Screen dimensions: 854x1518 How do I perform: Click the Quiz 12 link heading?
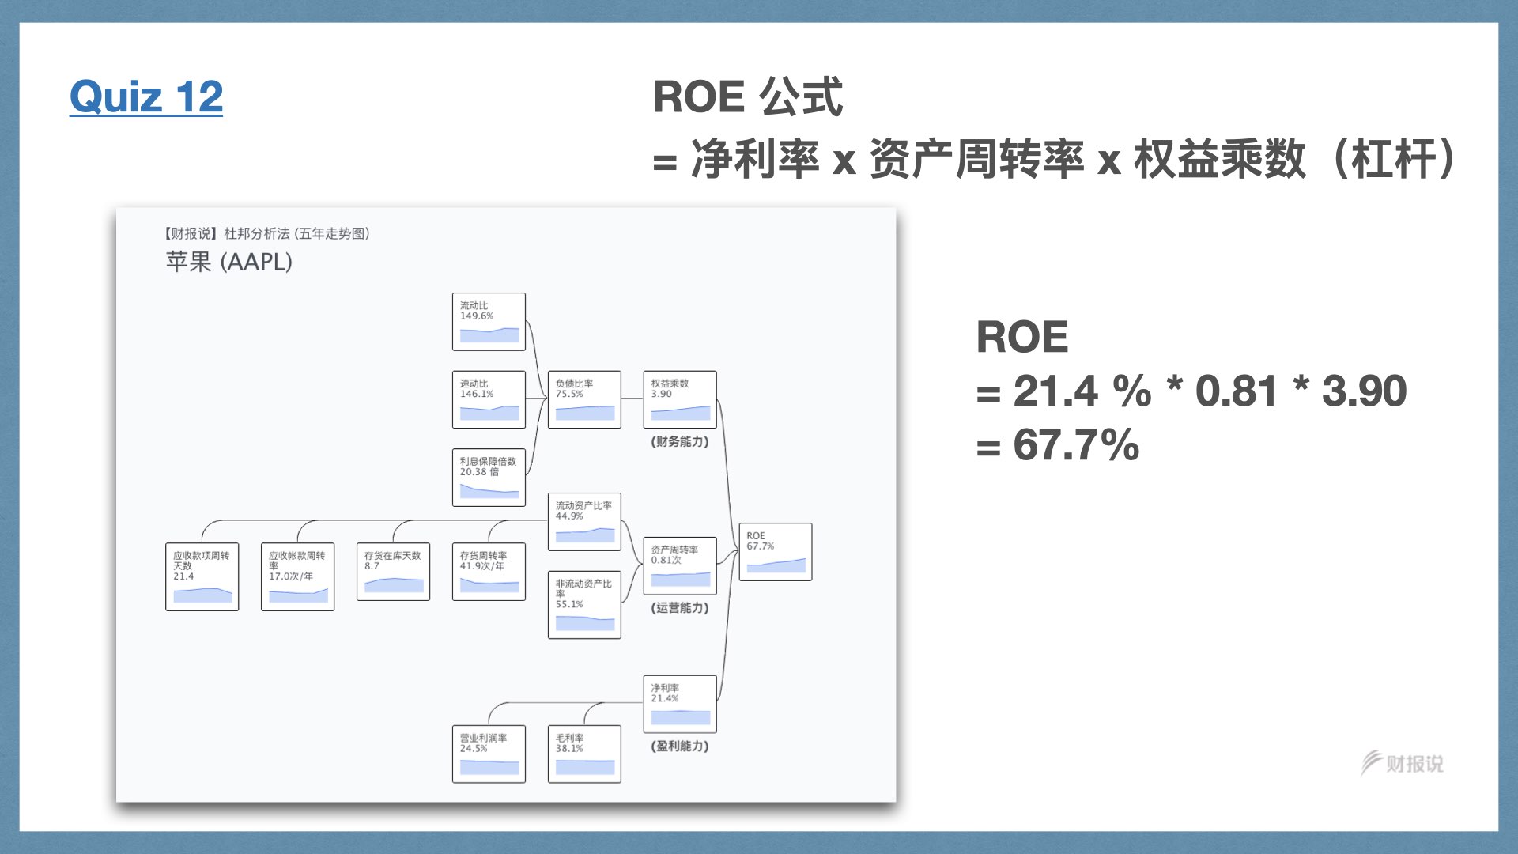(146, 97)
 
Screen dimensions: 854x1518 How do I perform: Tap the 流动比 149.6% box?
(489, 322)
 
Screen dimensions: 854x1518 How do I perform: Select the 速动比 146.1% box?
(489, 399)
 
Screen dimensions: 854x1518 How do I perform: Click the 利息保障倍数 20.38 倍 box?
(489, 478)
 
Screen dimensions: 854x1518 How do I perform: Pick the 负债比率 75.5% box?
(584, 399)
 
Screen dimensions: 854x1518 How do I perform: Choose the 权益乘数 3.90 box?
(680, 399)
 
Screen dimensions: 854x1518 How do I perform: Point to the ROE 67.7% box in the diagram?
(775, 552)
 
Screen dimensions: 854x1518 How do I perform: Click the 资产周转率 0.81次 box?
(680, 566)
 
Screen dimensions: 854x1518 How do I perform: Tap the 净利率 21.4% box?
(680, 704)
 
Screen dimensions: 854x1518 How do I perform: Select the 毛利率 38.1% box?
(584, 754)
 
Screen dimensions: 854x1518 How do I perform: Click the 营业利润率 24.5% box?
(489, 754)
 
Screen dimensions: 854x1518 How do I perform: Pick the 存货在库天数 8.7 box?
(393, 572)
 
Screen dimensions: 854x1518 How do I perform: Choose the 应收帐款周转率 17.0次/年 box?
(297, 576)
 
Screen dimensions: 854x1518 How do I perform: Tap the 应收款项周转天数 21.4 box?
(202, 576)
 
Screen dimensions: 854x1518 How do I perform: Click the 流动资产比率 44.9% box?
(584, 522)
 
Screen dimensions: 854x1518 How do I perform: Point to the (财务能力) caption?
(680, 442)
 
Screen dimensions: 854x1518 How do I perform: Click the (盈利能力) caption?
(680, 746)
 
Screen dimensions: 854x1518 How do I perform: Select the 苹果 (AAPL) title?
(229, 262)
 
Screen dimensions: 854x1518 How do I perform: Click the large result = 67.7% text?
(1058, 445)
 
